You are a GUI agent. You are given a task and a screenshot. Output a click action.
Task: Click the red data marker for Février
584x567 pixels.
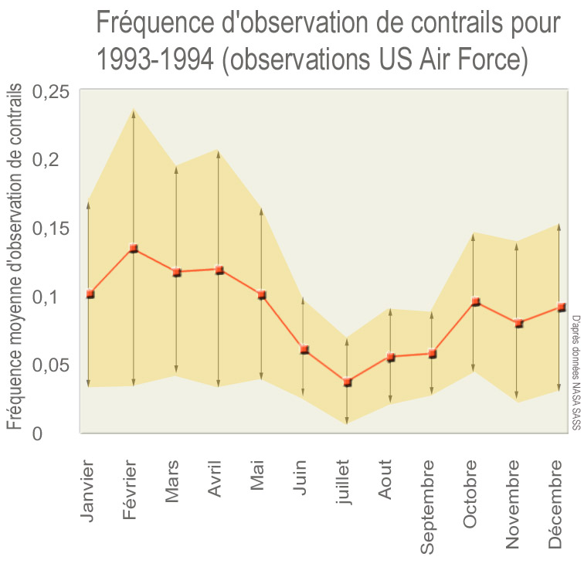(134, 249)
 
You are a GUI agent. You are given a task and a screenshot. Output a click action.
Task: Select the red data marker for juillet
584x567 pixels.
(347, 382)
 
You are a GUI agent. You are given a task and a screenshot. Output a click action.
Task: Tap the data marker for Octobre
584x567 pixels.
(476, 301)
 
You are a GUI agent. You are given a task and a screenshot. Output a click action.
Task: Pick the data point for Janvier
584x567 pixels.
(90, 294)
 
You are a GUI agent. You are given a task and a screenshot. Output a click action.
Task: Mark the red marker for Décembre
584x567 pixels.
(562, 307)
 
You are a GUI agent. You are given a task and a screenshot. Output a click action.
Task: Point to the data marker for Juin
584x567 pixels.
(304, 349)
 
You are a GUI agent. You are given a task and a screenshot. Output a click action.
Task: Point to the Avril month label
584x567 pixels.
(215, 480)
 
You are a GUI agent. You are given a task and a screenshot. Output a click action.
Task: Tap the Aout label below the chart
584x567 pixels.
(386, 479)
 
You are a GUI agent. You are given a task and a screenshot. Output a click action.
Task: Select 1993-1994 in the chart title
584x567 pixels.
(155, 60)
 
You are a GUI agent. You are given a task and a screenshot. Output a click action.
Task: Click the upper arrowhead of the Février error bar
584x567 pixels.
(134, 113)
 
